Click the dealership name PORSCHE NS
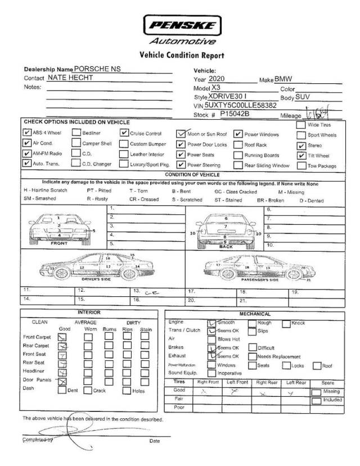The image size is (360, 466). pos(97,69)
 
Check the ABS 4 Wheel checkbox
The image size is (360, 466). pos(27,133)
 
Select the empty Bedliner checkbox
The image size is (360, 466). pos(76,133)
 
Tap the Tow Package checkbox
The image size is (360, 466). pos(301,165)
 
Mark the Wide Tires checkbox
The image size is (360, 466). pos(301,125)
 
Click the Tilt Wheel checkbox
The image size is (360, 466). pos(301,155)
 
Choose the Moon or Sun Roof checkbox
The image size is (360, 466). pos(181,134)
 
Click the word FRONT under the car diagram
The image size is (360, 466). pos(59,244)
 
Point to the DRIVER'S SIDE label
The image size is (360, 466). pos(98,279)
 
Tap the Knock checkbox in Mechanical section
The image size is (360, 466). pos(286,323)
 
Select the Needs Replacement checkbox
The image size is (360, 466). pos(253,356)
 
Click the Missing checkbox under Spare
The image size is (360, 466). pos(316,391)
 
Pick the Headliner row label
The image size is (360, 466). pos(34,371)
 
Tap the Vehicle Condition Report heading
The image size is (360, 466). pos(181,55)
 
